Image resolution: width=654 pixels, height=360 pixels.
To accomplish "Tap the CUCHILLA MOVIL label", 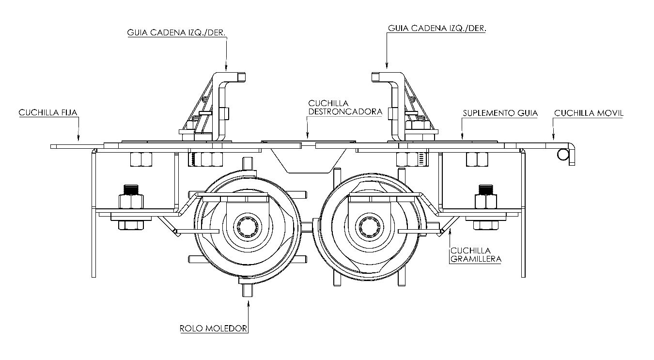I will pos(589,113).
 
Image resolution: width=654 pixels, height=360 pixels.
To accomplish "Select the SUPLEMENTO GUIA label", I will pos(500,113).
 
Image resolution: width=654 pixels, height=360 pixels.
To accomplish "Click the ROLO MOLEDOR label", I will pos(214,328).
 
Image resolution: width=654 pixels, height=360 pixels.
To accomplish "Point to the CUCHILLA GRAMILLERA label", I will pos(476,254).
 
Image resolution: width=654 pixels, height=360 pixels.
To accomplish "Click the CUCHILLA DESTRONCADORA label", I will pos(345,108).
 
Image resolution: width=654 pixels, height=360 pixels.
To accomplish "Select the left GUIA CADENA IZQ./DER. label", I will pos(177,32).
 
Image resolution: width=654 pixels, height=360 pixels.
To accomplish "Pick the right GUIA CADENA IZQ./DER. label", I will pos(437,28).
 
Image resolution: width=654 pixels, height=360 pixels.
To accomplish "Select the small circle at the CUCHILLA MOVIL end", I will pos(563,154).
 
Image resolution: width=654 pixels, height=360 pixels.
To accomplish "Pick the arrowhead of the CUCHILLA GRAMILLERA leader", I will pos(450,232).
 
